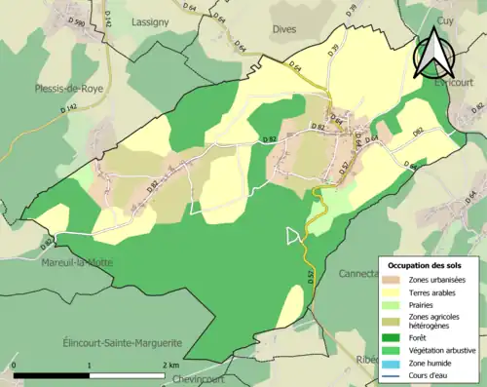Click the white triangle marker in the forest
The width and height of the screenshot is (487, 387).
[x=293, y=235]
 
